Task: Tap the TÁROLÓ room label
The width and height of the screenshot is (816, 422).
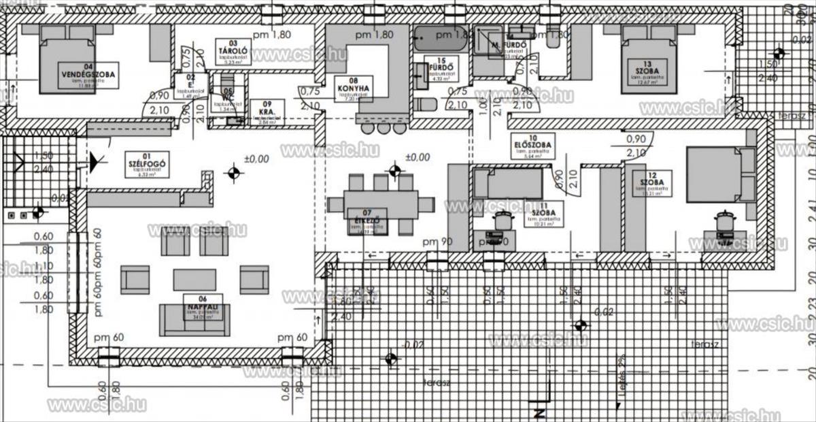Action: tap(228, 50)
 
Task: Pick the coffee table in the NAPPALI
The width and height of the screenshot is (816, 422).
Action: tap(194, 279)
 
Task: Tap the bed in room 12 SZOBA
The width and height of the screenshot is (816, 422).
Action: tap(720, 174)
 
